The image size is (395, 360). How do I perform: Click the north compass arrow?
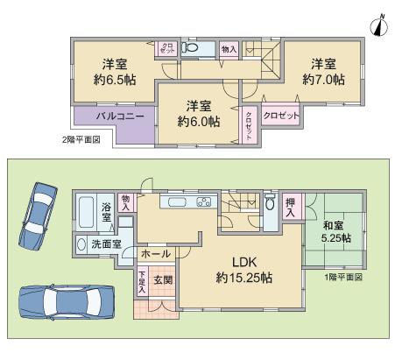[377, 25]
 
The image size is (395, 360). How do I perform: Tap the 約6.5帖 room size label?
[109, 79]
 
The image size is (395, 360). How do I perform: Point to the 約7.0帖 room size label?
[323, 79]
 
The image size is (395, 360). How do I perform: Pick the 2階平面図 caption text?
[81, 139]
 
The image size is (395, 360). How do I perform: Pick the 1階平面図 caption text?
[342, 276]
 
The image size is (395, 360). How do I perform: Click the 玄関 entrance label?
[163, 280]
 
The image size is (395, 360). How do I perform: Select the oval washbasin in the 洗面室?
[81, 244]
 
